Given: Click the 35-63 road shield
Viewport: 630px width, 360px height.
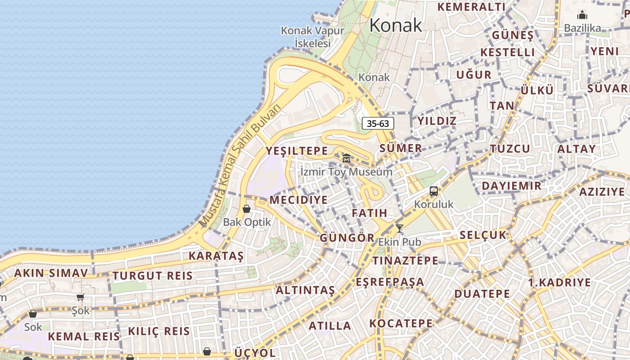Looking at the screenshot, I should pos(378,123).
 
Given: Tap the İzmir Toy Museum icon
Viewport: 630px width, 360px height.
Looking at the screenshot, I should pos(346,158).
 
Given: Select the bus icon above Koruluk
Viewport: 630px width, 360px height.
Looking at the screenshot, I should pos(433,191).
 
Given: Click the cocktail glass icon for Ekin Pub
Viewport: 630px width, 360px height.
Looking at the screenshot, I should pos(399,229).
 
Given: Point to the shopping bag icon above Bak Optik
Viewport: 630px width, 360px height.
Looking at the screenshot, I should pos(246,209).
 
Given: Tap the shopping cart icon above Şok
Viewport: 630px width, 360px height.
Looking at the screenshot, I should pos(81,297).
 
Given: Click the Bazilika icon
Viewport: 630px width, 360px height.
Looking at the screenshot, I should pos(582,15).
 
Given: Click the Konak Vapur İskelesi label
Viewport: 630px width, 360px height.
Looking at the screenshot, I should pos(313,37).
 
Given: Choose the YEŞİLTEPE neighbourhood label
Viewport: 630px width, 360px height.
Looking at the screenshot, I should pos(297,151).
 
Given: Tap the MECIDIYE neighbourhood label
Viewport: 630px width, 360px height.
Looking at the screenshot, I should pos(298,200).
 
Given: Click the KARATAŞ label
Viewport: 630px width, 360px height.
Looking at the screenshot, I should pos(216,256).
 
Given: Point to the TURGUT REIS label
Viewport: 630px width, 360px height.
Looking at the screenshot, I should pos(153,276).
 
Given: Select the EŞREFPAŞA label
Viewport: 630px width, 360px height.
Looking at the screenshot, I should pos(390,282).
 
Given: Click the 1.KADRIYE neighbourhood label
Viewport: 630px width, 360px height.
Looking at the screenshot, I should pos(559,283).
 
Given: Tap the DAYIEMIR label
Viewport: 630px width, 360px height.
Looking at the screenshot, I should pos(512,186).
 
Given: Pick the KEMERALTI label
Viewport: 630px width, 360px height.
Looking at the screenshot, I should pos(472,7).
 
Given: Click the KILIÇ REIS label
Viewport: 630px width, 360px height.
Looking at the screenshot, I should pos(159,332).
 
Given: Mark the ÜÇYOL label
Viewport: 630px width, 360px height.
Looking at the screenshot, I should pos(255,352).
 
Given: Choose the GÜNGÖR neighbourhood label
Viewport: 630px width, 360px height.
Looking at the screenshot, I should pos(347,238).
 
